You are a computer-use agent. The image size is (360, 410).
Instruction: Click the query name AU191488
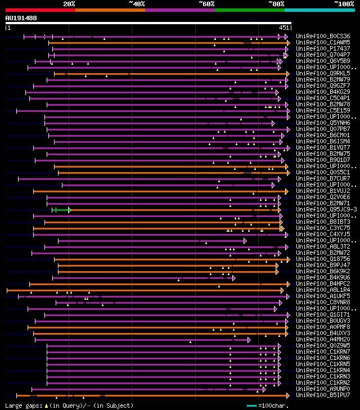[x=21, y=18]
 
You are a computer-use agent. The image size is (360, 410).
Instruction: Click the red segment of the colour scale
[x=40, y=10]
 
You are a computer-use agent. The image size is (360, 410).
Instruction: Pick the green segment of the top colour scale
[x=249, y=10]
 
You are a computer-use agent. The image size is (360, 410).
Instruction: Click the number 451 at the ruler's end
[x=284, y=28]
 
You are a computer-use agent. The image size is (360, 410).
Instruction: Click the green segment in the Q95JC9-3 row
[x=61, y=210]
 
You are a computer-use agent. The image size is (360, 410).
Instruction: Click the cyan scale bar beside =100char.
[x=251, y=405]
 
